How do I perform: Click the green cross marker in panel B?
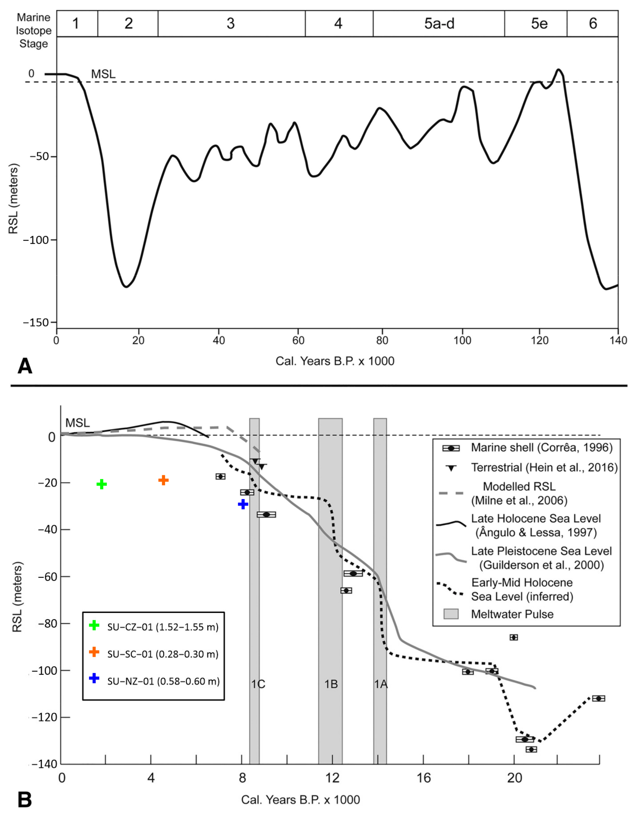pyautogui.click(x=101, y=484)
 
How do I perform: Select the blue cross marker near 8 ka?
pyautogui.click(x=243, y=504)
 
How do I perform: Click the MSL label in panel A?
pyautogui.click(x=103, y=74)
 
